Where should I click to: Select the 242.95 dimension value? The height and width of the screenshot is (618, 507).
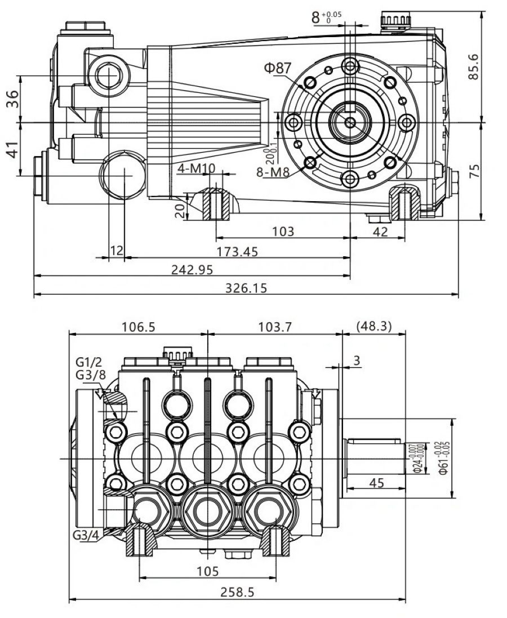pos(192,270)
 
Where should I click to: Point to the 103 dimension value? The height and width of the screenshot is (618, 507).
pos(283,231)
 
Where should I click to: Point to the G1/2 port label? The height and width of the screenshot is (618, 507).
pos(88,361)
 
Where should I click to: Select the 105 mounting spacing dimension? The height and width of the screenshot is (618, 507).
pos(207,571)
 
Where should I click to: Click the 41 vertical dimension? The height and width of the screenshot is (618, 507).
pos(12,149)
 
